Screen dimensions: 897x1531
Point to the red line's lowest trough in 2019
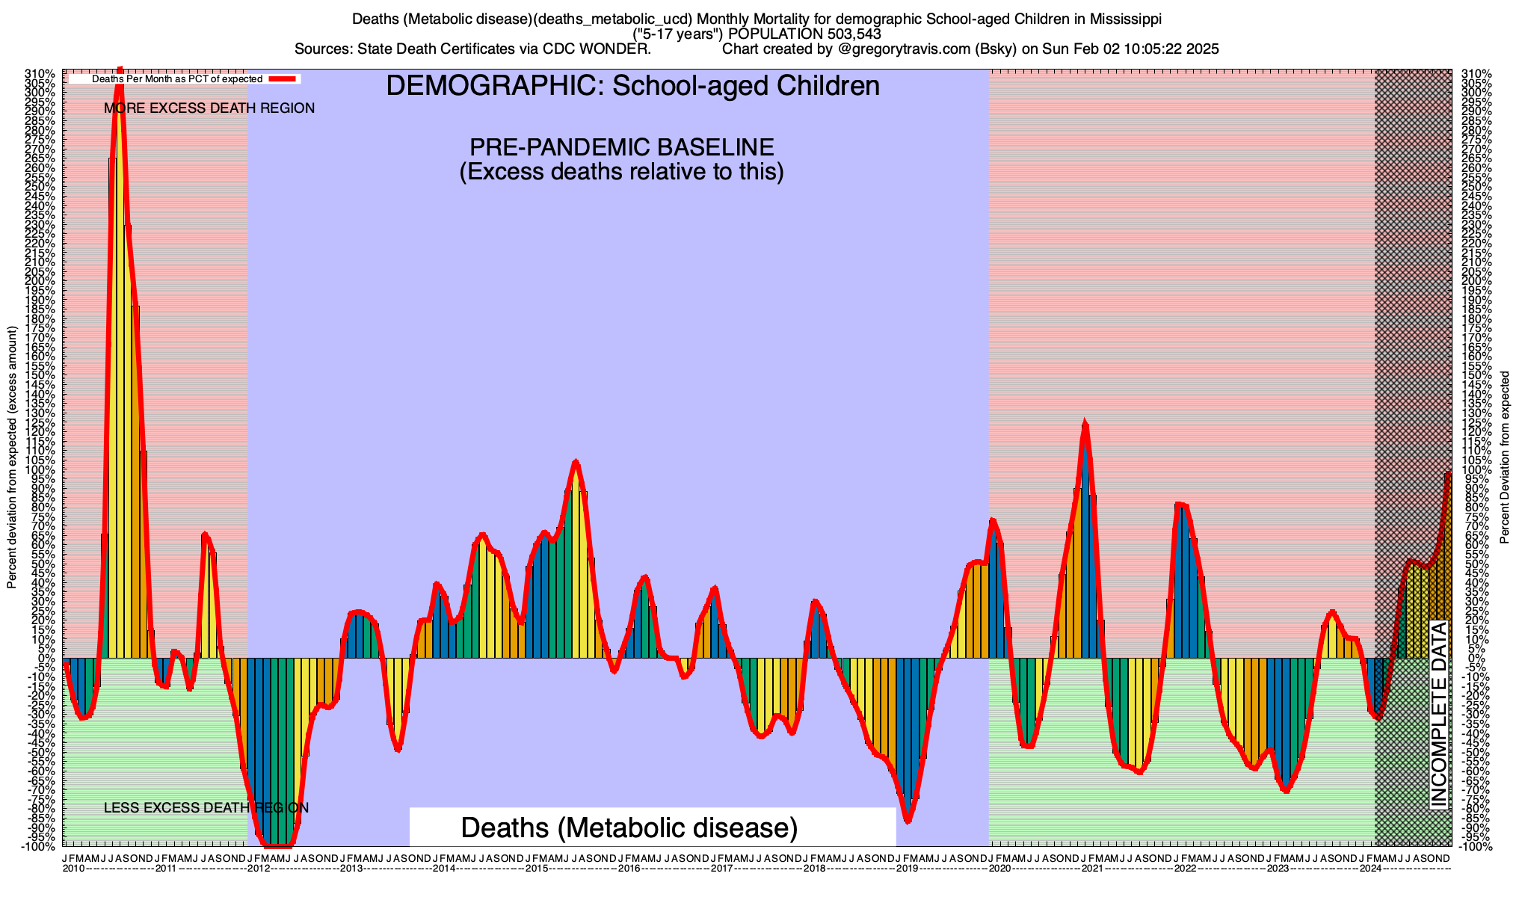coord(908,821)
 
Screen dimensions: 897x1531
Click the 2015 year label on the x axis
coord(536,869)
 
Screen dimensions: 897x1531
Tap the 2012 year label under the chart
coord(259,869)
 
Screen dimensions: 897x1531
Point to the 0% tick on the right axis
coord(1467,659)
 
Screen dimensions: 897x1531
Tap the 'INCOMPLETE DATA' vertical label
coord(1439,714)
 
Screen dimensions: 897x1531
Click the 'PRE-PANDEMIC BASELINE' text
coord(621,147)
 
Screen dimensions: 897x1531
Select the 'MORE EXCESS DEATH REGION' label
coord(209,108)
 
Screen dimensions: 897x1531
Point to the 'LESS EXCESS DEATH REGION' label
coord(206,808)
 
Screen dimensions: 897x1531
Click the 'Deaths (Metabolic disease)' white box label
coord(629,827)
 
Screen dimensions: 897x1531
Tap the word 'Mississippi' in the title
coord(1124,18)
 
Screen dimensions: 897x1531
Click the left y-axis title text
coord(12,457)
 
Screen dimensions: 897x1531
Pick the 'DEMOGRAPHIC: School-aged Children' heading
coord(632,86)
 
